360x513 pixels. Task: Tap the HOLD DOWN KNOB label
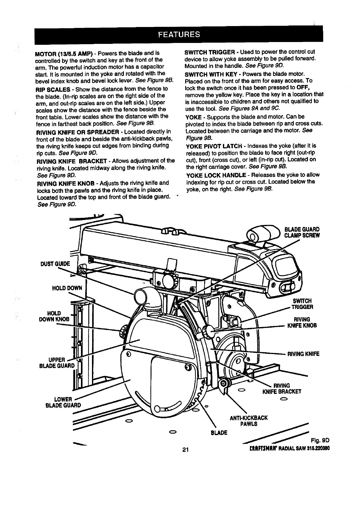[x=58, y=316]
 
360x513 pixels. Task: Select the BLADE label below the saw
[x=219, y=433]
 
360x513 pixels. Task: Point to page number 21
[x=185, y=450]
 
